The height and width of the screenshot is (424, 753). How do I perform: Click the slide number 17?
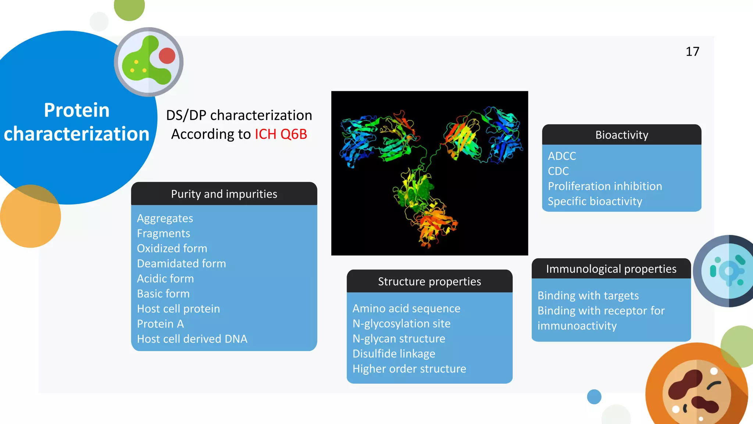pyautogui.click(x=692, y=52)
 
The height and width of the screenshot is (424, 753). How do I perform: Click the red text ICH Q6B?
pyautogui.click(x=281, y=134)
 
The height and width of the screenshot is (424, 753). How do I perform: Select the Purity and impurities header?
pyautogui.click(x=224, y=194)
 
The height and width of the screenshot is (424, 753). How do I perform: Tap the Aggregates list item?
pyautogui.click(x=165, y=218)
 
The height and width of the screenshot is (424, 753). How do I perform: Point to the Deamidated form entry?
pyautogui.click(x=181, y=264)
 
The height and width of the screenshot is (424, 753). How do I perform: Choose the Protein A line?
pyautogui.click(x=160, y=324)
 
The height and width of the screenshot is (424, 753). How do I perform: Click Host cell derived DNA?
pyautogui.click(x=192, y=339)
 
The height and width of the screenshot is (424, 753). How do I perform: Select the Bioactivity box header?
pyautogui.click(x=621, y=135)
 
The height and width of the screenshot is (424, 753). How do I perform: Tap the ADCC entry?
pyautogui.click(x=561, y=156)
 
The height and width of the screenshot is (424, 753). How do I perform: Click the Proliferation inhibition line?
pyautogui.click(x=605, y=186)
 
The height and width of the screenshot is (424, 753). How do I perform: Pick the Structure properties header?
pyautogui.click(x=429, y=282)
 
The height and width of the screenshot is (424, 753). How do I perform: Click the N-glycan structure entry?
pyautogui.click(x=399, y=339)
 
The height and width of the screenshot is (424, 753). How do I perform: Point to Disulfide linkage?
pyautogui.click(x=394, y=354)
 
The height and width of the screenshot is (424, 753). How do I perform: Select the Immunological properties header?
pyautogui.click(x=611, y=269)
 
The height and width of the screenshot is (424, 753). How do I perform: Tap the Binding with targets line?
pyautogui.click(x=588, y=296)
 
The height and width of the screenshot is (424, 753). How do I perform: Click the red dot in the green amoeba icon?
pyautogui.click(x=167, y=56)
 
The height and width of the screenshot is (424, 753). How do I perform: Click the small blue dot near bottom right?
pyautogui.click(x=594, y=397)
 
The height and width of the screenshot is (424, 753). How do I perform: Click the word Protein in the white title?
pyautogui.click(x=76, y=110)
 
